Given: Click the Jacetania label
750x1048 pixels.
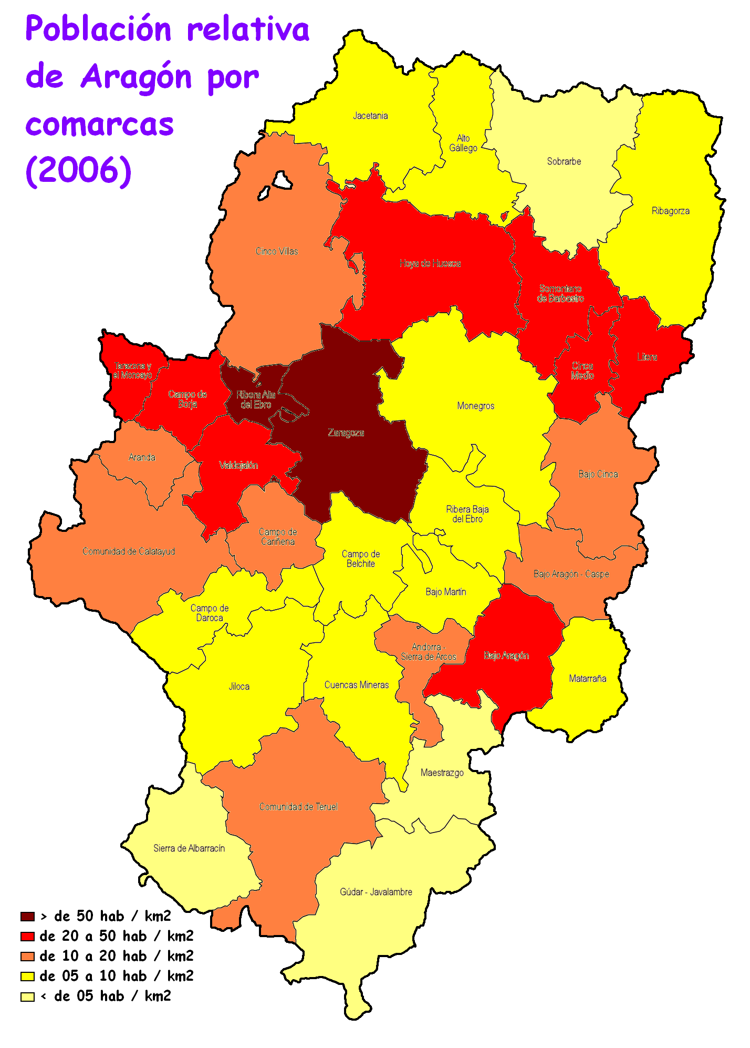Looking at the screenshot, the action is (370, 116).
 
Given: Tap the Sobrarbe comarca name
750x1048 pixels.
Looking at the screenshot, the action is (564, 161).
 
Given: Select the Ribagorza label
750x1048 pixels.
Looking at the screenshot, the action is (670, 211).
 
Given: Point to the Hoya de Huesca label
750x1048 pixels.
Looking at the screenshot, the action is (430, 263).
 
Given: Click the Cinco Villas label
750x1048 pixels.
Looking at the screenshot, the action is (277, 251).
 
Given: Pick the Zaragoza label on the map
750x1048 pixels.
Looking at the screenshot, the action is (346, 433).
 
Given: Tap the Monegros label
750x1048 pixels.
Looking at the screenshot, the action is (475, 406).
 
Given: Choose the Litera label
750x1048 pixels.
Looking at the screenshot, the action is (647, 357).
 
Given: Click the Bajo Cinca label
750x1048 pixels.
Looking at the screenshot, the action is (598, 474).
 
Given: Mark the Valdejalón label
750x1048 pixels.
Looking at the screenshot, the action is (238, 465).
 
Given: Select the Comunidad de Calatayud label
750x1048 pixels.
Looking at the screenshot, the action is (129, 551).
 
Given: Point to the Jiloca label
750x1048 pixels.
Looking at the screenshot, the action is (239, 686).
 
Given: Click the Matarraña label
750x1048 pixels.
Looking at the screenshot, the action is (588, 679).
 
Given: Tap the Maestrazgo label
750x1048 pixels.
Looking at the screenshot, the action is (442, 773).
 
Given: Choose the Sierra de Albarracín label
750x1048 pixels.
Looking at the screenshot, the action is (189, 848).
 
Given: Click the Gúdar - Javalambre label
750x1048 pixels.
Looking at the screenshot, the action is (376, 892).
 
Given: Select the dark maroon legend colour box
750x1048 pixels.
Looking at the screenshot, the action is (27, 917).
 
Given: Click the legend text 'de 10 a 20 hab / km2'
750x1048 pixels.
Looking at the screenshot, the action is (117, 956).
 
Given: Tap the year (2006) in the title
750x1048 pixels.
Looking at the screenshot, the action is (79, 170).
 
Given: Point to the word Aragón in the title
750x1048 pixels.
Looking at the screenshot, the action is (137, 77).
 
